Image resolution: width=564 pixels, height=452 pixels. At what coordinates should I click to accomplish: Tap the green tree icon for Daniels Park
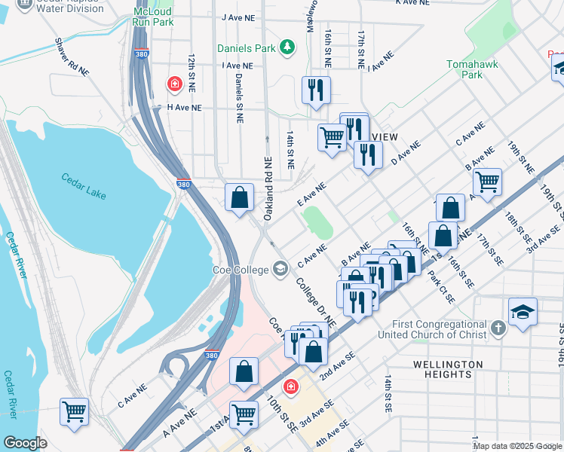tap(287, 48)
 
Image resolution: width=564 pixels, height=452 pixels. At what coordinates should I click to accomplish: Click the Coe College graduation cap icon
tap(280, 268)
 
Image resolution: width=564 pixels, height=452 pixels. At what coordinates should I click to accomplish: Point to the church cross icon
tap(498, 328)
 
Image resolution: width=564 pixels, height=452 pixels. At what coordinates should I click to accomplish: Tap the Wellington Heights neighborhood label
tap(447, 369)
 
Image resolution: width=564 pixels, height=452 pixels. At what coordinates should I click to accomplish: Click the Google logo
tap(25, 443)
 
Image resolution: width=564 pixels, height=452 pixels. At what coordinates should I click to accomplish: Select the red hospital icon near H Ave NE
tap(174, 84)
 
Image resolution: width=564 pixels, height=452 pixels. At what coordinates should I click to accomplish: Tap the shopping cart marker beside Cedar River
tap(74, 412)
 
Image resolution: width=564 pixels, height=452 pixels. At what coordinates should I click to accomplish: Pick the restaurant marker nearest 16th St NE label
tap(316, 90)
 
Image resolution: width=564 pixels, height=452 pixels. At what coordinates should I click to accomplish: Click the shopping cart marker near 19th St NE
tap(487, 182)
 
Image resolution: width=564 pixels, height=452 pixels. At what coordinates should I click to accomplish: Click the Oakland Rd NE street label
tap(267, 188)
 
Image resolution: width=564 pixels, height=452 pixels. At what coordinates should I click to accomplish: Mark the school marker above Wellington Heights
tap(523, 313)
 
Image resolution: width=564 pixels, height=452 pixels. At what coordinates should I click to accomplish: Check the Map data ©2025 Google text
tap(517, 446)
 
